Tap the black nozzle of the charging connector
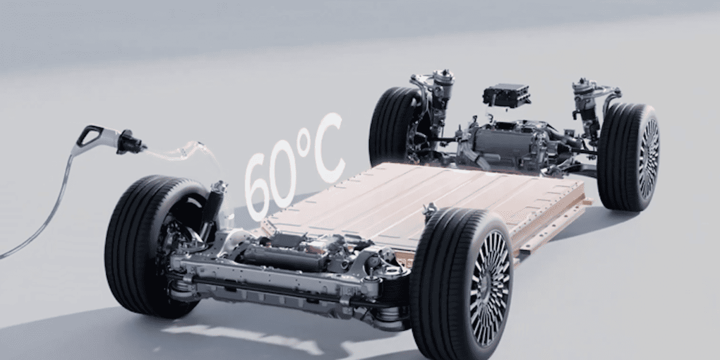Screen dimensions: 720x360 (x=130, y=142)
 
